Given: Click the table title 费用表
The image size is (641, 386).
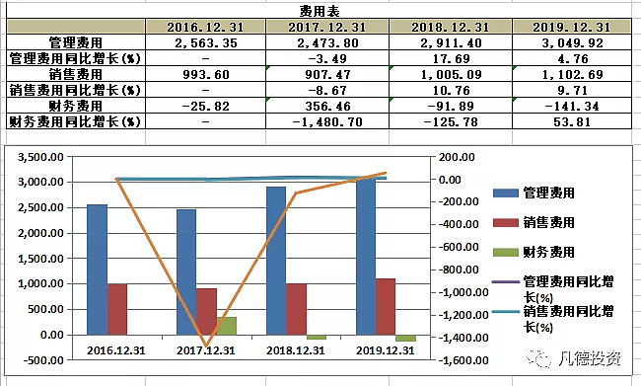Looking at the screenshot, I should click(x=320, y=9).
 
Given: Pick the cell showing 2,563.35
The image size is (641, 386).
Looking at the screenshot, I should click(x=205, y=42).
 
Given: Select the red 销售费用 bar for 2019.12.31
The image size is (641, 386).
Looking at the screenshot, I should click(x=386, y=306).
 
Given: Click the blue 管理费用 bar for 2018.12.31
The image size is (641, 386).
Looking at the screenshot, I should click(x=275, y=260).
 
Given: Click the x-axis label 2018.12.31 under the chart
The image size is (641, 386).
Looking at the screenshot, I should click(x=293, y=349).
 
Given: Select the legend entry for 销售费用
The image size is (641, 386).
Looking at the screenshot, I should click(x=548, y=223).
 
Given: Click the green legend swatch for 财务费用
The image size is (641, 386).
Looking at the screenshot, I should click(x=506, y=253).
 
